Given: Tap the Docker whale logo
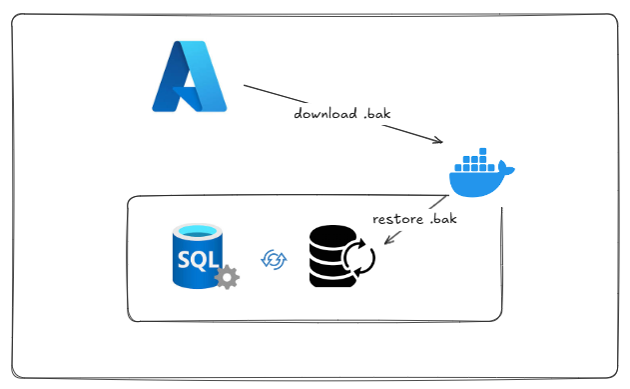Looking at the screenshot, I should click(480, 176).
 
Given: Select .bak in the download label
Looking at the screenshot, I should click(375, 113).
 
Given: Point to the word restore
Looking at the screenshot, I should click(398, 218).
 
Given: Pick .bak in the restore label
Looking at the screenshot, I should click(442, 218).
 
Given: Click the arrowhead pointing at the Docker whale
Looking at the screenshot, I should click(437, 142).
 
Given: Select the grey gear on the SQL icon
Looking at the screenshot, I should click(227, 277).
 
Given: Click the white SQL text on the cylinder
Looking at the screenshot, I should click(197, 259).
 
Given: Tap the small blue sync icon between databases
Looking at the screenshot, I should click(273, 259).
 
